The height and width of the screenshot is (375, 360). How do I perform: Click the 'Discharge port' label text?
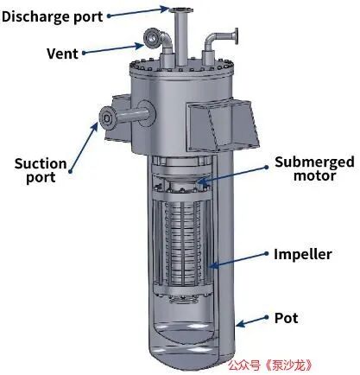52,16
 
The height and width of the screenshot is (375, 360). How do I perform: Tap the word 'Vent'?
62,54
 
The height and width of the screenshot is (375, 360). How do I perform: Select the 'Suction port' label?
41,170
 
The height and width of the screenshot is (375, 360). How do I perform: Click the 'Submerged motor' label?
314,169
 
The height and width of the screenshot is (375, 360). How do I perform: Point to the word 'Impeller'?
303,254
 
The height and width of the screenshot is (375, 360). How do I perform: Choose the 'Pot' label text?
287,318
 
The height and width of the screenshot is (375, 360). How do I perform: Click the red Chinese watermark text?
270,365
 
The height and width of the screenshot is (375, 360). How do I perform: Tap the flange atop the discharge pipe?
180,10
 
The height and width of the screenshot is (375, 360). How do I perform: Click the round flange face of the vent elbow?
150,37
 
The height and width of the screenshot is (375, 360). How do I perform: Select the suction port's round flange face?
107,118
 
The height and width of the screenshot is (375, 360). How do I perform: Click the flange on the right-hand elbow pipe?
237,36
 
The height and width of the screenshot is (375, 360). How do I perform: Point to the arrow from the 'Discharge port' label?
138,12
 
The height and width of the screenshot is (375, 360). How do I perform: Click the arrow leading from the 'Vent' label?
113,48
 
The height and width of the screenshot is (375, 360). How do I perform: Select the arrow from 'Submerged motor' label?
233,175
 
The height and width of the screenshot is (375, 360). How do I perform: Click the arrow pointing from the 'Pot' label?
252,321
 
